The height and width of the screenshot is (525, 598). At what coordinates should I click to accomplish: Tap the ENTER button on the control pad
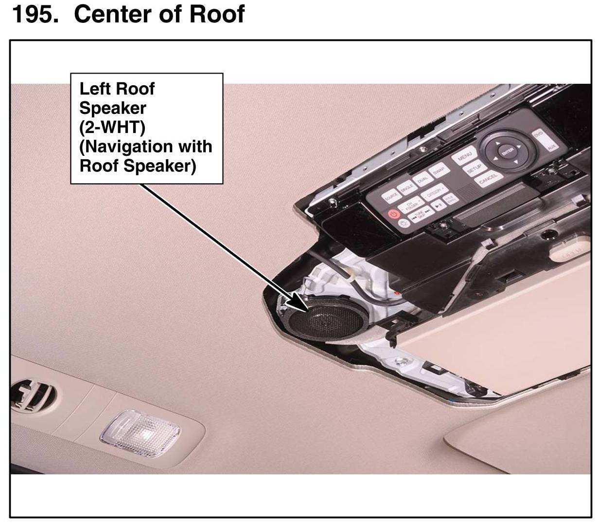[508, 150]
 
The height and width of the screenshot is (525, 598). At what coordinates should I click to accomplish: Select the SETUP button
[475, 168]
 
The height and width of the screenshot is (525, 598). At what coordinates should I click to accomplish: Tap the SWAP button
[439, 170]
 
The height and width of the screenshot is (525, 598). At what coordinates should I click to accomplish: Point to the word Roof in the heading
[216, 15]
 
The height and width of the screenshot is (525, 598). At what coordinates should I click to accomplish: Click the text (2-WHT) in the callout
[112, 127]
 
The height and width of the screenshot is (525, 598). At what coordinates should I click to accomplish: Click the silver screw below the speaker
[402, 362]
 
